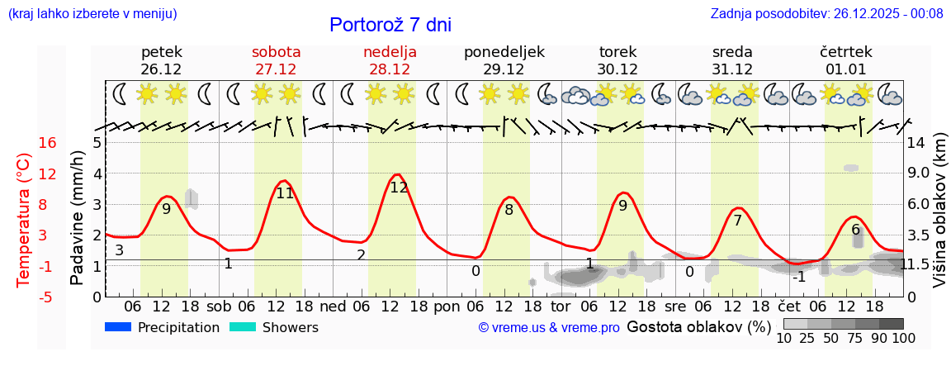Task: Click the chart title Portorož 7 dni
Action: [x=390, y=25]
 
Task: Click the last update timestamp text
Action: [x=826, y=13]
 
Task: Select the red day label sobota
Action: [x=276, y=52]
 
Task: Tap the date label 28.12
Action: [x=390, y=69]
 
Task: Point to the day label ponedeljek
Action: [x=504, y=52]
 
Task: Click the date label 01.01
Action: [x=846, y=69]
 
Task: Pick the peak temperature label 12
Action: [x=399, y=188]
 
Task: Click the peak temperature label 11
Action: [x=285, y=193]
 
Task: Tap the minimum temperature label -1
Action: [x=799, y=277]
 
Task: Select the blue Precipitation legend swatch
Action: [x=119, y=327]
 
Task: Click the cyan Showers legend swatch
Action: [x=243, y=327]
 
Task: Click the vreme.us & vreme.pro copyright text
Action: [x=549, y=328]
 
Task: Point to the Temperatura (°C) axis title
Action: [x=24, y=220]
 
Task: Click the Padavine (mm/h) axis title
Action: [x=77, y=218]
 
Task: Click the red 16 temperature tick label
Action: [x=47, y=143]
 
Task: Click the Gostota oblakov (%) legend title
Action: [x=698, y=326]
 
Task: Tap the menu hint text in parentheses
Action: [x=92, y=13]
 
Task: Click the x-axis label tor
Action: [x=572, y=306]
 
